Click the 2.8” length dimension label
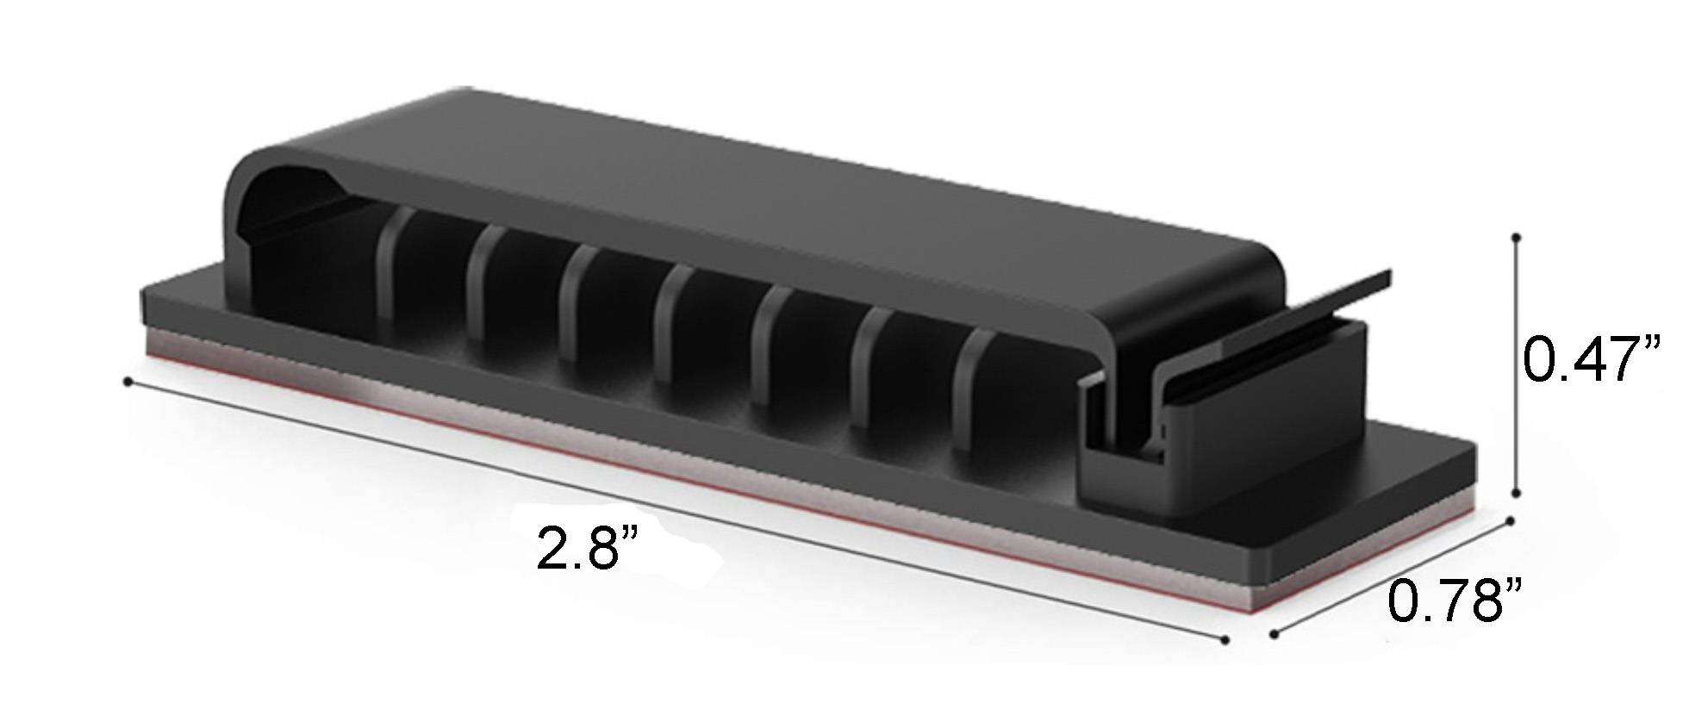pos(589,548)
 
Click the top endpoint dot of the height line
pos(1516,234)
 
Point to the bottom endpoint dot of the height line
pos(1516,493)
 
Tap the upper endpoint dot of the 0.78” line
pos(1509,520)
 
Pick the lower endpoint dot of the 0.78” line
pos(1273,636)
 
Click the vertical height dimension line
pos(1516,362)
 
